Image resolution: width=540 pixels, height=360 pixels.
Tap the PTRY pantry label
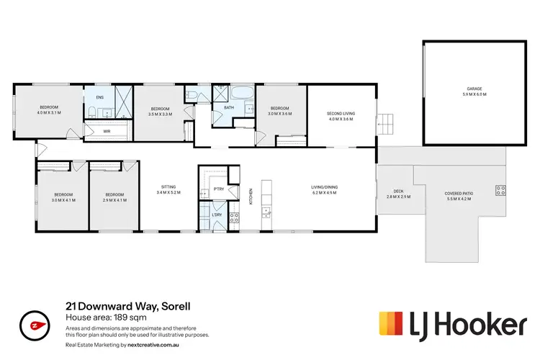(218, 191)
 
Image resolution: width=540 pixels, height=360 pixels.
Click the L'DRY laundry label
(217, 215)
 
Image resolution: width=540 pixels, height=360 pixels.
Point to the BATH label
(229, 108)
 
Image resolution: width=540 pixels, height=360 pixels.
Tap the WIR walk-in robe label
(107, 131)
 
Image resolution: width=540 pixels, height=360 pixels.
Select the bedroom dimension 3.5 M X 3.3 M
(159, 113)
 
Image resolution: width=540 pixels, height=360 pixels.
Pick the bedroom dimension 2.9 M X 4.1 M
(115, 200)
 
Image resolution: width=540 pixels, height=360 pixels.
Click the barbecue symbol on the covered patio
(500, 191)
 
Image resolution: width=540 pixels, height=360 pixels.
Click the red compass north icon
(31, 325)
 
